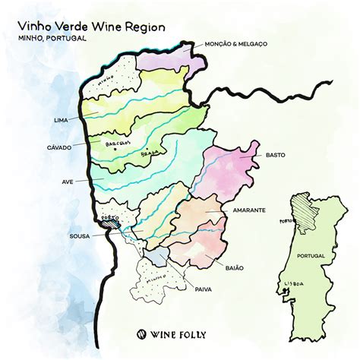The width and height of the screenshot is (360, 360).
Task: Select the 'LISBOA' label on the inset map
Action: point(292,283)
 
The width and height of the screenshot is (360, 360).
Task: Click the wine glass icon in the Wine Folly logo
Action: point(141,333)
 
